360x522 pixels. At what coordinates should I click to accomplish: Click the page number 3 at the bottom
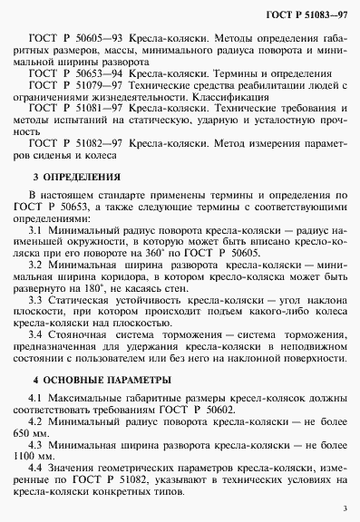(345, 509)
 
